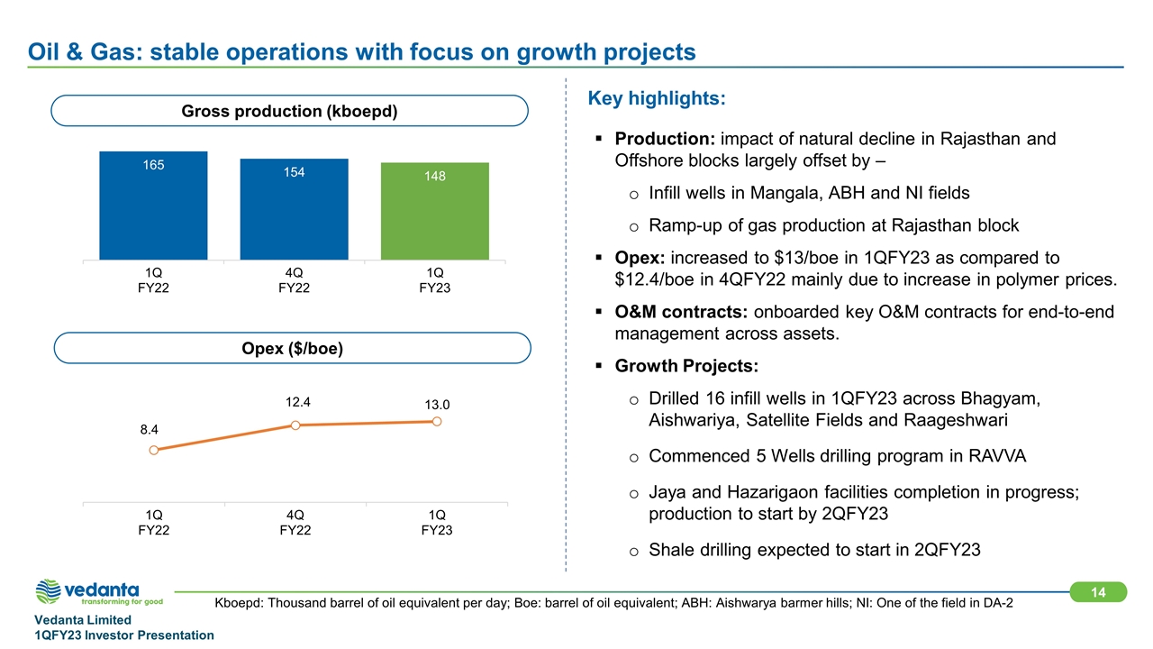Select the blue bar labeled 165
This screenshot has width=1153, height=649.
tap(153, 206)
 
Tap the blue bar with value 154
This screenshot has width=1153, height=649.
tap(294, 209)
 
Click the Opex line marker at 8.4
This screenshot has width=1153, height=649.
tap(154, 450)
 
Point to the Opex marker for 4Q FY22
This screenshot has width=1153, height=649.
tap(295, 425)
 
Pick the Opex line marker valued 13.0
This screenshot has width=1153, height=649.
tap(437, 420)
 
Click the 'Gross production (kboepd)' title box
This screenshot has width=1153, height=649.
tap(289, 111)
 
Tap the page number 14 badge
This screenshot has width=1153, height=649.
tap(1098, 591)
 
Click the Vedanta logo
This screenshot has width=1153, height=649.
tap(99, 591)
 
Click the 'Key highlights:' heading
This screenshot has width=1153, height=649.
tap(657, 97)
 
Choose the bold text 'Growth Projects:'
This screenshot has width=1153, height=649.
tap(686, 367)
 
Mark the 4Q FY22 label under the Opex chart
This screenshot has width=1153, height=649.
tap(295, 522)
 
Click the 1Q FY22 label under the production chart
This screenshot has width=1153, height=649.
tap(153, 280)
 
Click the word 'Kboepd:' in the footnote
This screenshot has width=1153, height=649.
tap(241, 602)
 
